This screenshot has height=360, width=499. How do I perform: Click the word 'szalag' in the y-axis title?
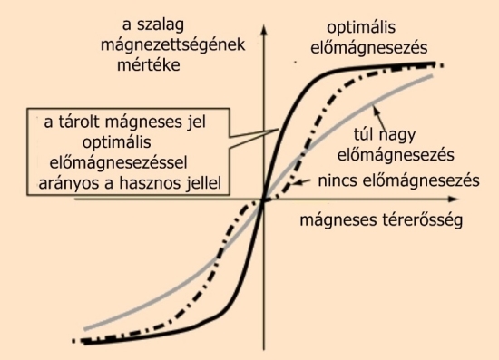(161, 25)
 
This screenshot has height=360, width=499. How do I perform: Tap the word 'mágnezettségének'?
(172, 45)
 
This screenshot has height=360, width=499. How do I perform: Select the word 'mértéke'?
(149, 65)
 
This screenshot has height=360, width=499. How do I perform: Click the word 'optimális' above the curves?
(361, 28)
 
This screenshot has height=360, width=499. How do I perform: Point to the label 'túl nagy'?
(385, 135)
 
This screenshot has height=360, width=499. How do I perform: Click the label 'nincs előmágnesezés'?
(399, 181)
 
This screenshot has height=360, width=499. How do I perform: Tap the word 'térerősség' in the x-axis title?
(422, 220)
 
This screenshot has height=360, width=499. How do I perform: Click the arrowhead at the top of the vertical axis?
(264, 29)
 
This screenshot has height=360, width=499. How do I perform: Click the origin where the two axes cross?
(264, 199)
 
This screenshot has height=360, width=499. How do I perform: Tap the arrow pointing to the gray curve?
(378, 117)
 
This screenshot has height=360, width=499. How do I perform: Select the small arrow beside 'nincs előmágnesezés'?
(302, 182)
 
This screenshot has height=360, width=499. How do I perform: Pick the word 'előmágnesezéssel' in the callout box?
(118, 163)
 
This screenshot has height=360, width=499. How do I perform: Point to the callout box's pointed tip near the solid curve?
(279, 129)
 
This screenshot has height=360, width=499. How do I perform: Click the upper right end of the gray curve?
(433, 75)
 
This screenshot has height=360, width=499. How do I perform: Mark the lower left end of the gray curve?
(84, 329)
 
